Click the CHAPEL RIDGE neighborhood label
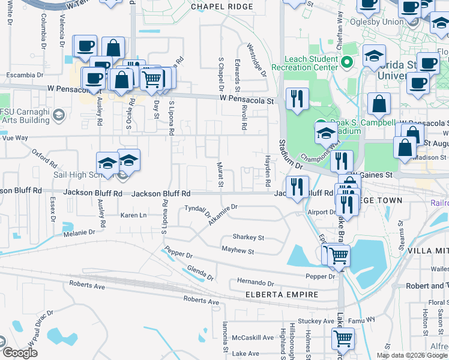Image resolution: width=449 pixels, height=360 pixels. tap(221, 7)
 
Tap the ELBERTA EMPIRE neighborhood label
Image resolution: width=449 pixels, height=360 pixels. tap(277, 295)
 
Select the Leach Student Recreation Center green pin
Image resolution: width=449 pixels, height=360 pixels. tap(346, 61)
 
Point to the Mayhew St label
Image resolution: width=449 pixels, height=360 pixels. tap(238, 250)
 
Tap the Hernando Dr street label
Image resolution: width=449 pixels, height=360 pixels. tap(255, 282)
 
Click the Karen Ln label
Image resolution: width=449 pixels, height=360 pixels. tap(133, 215)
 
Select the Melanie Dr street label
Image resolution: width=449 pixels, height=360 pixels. tap(79, 232)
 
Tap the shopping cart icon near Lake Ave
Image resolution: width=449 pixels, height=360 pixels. tap(343, 339)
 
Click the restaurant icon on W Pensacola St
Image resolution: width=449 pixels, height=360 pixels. tap(297, 99)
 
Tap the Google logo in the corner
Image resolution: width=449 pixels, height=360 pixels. tap(20, 353)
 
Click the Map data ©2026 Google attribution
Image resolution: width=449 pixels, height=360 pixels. tap(411, 355)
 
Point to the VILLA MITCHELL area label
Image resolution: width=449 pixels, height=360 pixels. tap(427, 250)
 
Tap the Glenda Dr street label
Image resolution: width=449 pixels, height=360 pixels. tap(200, 273)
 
